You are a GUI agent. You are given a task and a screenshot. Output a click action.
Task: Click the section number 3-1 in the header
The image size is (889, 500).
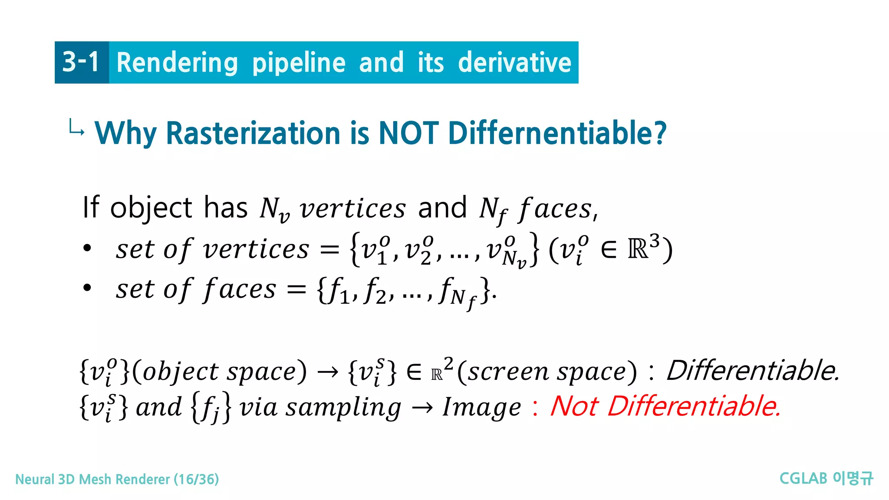[81, 62]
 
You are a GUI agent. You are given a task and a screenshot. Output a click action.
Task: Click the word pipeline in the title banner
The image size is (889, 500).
[299, 63]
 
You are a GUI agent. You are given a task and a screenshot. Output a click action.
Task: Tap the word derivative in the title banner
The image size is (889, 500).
[514, 62]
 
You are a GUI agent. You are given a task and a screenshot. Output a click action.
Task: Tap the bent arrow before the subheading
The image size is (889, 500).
[76, 128]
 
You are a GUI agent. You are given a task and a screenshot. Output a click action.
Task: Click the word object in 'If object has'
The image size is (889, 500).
[151, 208]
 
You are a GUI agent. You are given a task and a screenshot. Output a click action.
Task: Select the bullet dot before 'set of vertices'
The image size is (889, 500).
[87, 249]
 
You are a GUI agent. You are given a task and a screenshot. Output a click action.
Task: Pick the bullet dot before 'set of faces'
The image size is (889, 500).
[87, 288]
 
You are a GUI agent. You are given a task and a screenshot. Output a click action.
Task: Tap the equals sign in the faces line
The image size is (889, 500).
[296, 289]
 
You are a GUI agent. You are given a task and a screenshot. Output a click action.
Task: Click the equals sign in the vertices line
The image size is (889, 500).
[329, 250]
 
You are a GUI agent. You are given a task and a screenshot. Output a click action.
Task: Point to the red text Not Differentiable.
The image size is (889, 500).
[665, 407]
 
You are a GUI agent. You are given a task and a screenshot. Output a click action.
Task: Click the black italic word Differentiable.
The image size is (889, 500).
[753, 371]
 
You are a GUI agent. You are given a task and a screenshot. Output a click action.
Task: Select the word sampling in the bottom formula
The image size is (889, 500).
[343, 408]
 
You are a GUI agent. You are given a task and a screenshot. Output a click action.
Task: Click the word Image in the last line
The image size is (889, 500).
[481, 408]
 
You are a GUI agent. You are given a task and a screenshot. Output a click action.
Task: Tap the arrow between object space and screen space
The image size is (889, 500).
[327, 372]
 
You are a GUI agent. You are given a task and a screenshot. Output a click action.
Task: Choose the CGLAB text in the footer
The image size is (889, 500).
[803, 478]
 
